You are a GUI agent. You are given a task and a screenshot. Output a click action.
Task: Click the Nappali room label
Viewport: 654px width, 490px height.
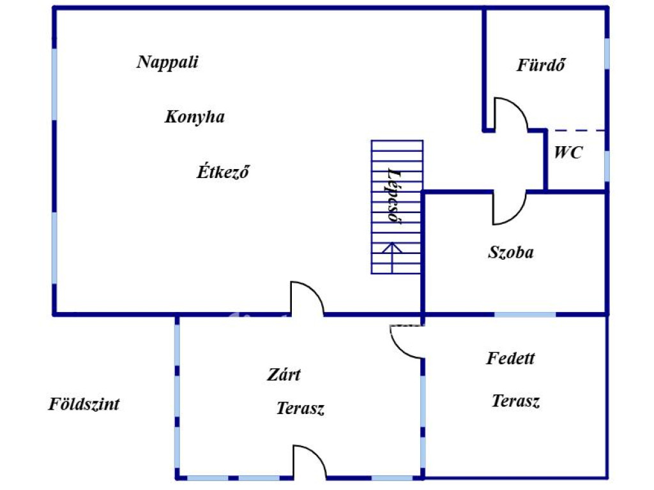click(167, 63)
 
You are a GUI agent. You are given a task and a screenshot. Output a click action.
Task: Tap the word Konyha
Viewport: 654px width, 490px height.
click(194, 117)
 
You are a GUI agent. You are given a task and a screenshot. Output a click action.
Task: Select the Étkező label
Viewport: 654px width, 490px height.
click(223, 171)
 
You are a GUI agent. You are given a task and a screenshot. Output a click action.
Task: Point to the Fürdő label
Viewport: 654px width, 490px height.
click(541, 64)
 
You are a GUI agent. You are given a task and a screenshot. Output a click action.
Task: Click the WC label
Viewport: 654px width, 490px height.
click(568, 152)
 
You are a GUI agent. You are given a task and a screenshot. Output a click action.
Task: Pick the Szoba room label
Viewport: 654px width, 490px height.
click(510, 253)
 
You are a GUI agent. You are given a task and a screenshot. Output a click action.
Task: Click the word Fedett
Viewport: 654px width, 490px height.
click(510, 359)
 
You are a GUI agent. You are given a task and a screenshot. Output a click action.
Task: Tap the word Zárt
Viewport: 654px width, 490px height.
click(284, 375)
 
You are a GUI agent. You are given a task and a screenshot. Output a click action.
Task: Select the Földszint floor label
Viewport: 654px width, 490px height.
click(84, 404)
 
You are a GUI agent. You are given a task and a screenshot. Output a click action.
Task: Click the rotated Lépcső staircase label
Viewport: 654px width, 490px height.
click(393, 196)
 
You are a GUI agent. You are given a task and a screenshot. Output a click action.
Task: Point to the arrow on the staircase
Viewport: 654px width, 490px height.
click(392, 258)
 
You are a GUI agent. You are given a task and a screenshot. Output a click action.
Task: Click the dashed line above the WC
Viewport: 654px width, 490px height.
click(577, 131)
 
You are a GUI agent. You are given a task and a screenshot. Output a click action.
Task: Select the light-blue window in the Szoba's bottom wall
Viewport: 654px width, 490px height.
click(525, 314)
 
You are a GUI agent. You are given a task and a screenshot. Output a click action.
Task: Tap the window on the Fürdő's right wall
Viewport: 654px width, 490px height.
click(607, 54)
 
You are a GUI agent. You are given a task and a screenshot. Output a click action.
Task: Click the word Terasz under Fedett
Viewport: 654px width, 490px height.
click(515, 401)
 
